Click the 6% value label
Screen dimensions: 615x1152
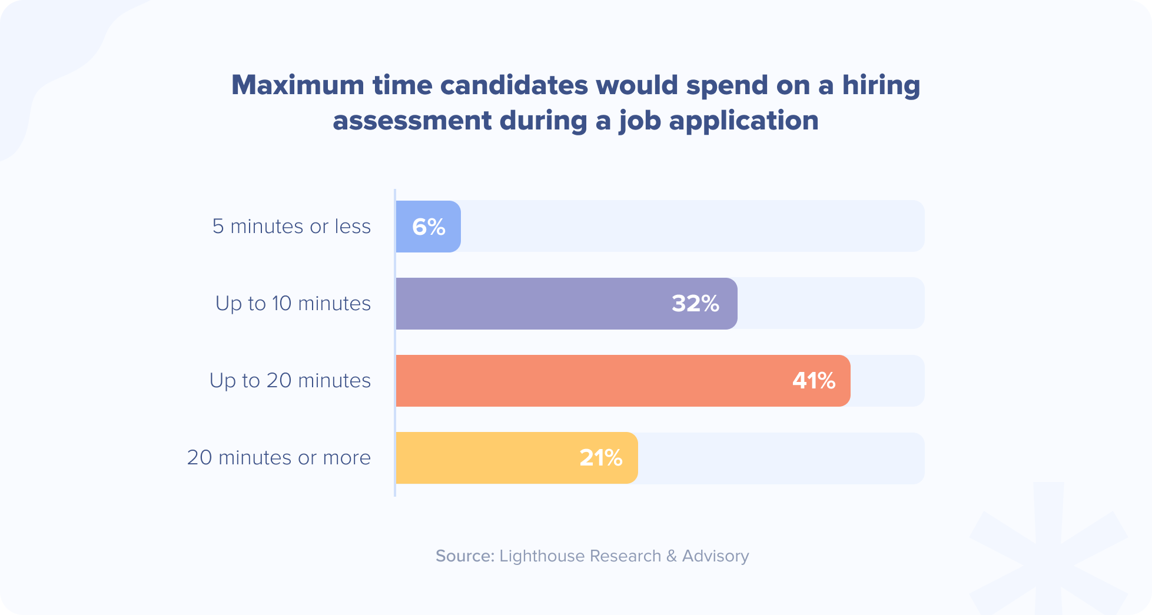point(429,227)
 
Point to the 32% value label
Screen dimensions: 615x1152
point(695,304)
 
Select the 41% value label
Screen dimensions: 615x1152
point(814,381)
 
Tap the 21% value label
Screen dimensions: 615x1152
point(600,458)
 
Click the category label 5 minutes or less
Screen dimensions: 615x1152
point(291,227)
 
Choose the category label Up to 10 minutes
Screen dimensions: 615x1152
point(293,304)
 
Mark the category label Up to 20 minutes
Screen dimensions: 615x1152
point(290,381)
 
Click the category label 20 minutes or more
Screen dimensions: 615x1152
point(278,458)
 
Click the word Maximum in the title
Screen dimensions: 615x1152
point(298,85)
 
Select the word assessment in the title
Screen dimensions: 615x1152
point(412,121)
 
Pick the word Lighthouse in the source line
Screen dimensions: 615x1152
point(542,556)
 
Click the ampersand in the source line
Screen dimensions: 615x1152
point(672,556)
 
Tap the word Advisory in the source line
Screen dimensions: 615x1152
point(715,556)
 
